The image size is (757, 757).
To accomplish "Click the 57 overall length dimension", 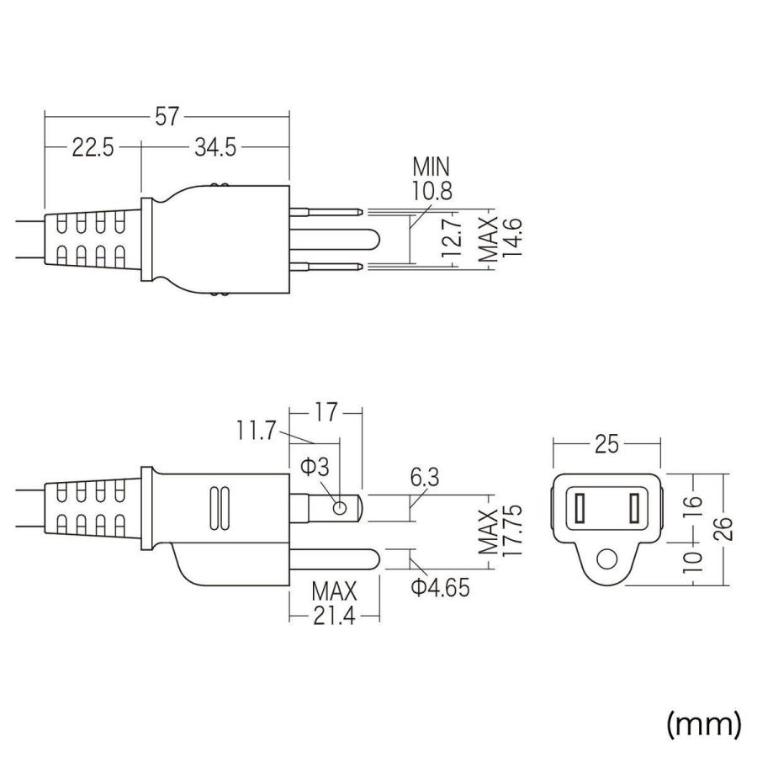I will click(167, 117).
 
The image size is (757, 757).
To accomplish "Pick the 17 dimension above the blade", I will click(326, 413).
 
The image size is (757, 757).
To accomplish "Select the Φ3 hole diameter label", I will click(315, 468).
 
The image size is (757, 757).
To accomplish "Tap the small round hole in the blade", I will click(339, 507).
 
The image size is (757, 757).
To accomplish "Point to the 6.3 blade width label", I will click(425, 479).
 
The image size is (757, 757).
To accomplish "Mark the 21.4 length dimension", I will click(334, 617).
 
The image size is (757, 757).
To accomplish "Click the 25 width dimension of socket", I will click(606, 445).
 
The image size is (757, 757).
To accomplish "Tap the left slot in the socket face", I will click(580, 508).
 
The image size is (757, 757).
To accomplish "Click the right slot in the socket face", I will click(635, 508).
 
